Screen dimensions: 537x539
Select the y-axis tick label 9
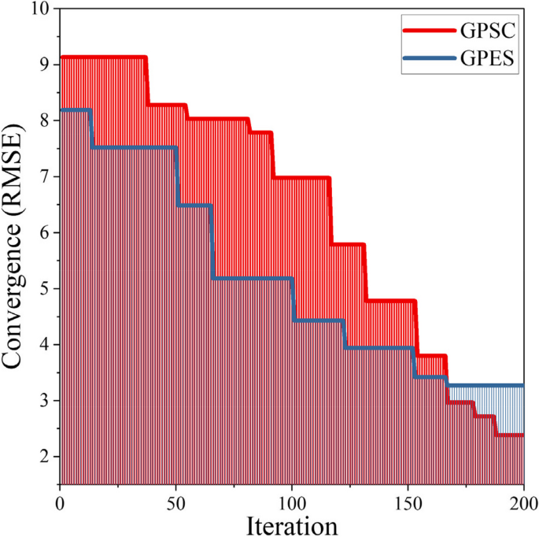tap(44, 65)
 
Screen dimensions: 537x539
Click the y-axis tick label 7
tap(44, 176)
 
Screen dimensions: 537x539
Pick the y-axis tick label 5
tap(44, 289)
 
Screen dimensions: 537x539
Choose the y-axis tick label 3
tap(44, 401)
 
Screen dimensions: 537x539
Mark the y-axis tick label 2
tap(44, 457)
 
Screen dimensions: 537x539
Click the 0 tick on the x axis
tap(60, 502)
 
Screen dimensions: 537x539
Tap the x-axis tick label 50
tap(175, 502)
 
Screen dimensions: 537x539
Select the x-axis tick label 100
tap(292, 502)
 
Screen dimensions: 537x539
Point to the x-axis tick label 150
tap(408, 502)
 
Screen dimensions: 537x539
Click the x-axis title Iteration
tap(291, 524)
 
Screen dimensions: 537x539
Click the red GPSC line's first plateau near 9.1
tap(102, 57)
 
